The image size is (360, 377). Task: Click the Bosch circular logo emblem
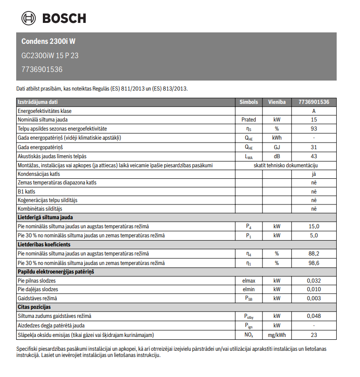point(28,19)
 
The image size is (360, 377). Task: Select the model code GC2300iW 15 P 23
point(50,55)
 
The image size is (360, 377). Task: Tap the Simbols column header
point(249,102)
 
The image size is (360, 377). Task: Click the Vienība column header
point(277,102)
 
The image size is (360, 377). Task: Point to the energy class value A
point(314,111)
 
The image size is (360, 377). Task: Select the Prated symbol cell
point(249,120)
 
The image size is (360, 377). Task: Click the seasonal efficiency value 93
point(314,129)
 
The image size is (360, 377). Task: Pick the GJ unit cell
point(277,147)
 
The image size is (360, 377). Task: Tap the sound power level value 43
point(314,156)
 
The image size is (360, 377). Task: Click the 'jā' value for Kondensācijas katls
point(314,174)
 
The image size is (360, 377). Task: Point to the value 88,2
point(314,254)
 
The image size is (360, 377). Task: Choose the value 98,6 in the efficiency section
point(314,263)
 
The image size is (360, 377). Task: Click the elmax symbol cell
point(249,281)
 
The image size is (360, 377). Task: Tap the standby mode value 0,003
point(314,298)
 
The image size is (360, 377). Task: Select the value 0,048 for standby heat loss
point(314,316)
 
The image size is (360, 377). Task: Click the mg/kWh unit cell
point(277,335)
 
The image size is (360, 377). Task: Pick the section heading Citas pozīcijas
point(34,307)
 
